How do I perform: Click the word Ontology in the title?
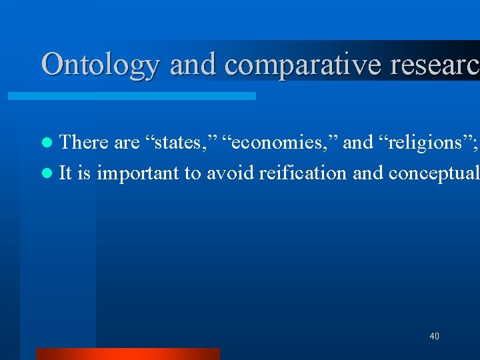pyautogui.click(x=100, y=65)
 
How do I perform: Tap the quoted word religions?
pyautogui.click(x=417, y=143)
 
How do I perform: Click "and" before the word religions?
pyautogui.click(x=357, y=142)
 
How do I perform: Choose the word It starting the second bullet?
pyautogui.click(x=65, y=173)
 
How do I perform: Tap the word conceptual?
pyautogui.click(x=433, y=174)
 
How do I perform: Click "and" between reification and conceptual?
pyautogui.click(x=367, y=173)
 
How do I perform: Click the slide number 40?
pyautogui.click(x=434, y=336)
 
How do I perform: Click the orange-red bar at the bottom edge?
pyautogui.click(x=127, y=354)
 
